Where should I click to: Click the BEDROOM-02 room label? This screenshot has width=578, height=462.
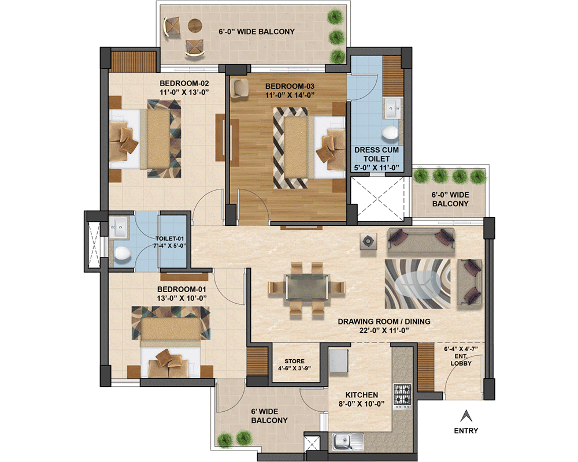(x=184, y=84)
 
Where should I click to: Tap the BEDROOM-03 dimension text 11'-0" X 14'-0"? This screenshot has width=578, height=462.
(x=290, y=95)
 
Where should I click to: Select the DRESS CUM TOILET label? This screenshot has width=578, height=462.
(x=376, y=154)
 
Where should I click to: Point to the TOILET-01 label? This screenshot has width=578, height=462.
(x=169, y=239)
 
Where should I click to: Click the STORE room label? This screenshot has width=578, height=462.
(x=295, y=362)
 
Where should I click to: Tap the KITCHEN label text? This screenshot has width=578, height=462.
(x=362, y=395)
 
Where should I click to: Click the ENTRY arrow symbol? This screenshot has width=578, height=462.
(x=466, y=416)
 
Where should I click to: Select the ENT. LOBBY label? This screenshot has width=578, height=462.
(x=461, y=360)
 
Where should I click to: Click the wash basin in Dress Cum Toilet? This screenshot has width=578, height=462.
(x=391, y=108)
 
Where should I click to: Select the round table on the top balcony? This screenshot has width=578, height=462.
(x=195, y=25)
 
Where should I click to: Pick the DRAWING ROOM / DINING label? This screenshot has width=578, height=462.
(x=384, y=322)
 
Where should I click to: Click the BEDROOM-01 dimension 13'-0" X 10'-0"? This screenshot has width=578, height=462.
(x=181, y=299)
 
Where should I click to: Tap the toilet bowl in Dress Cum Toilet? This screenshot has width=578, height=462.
(x=390, y=133)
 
